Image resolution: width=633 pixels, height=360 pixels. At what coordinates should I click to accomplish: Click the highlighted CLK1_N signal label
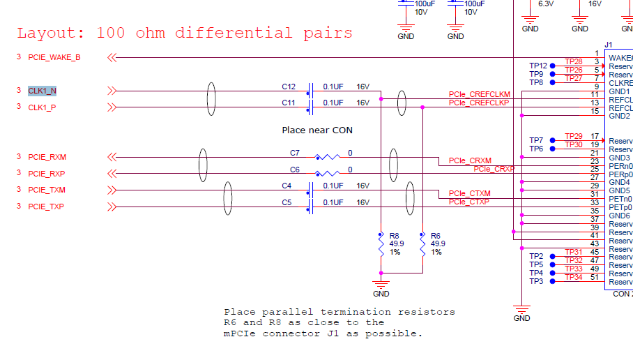43,91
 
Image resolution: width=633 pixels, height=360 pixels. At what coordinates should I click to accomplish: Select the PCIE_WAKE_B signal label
54,57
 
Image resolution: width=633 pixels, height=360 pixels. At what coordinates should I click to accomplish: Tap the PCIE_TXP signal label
46,207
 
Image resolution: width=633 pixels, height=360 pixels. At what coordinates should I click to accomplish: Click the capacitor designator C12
289,87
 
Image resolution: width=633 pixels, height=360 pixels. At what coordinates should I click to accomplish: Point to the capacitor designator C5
286,202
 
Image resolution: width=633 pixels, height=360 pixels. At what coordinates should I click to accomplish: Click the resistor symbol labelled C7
327,157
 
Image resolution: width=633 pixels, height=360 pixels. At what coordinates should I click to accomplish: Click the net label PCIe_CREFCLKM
479,94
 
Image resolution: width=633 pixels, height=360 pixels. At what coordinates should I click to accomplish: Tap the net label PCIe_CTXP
468,202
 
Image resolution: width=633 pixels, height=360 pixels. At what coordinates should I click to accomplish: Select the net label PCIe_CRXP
494,169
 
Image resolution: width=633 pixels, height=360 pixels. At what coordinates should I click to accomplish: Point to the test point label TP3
535,281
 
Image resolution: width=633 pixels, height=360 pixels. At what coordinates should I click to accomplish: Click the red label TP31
573,252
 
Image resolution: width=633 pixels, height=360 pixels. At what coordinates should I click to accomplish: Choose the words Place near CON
317,130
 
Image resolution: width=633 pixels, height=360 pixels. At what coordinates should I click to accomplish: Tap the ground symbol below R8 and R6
381,284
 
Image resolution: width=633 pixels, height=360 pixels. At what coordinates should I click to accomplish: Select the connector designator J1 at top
608,45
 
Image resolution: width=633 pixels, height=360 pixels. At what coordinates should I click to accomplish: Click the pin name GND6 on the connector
619,216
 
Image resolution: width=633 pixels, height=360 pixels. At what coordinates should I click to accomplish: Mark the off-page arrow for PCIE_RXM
111,157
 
